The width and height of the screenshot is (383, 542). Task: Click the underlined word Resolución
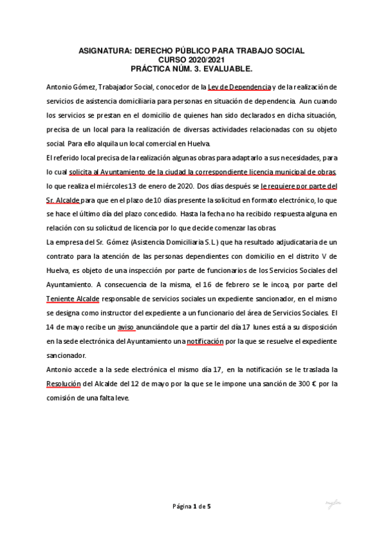[x=65, y=383]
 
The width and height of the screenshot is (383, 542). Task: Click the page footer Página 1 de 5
[x=191, y=507]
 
